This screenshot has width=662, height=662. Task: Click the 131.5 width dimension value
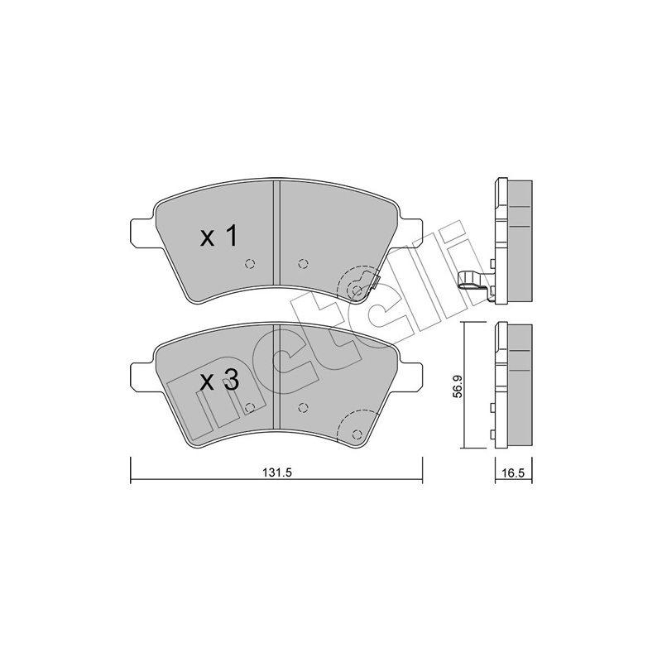(277, 473)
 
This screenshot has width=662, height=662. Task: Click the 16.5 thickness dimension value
(513, 473)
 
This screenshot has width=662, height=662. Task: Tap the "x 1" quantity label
(219, 237)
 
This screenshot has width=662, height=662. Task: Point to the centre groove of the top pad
(277, 233)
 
